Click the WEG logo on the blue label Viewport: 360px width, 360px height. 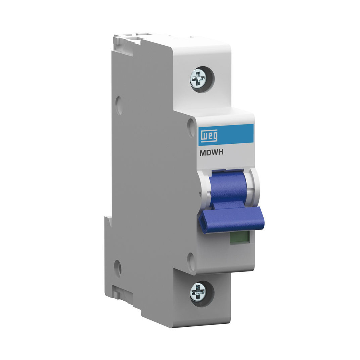pyautogui.click(x=210, y=136)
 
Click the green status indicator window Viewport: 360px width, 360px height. pyautogui.click(x=240, y=237)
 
